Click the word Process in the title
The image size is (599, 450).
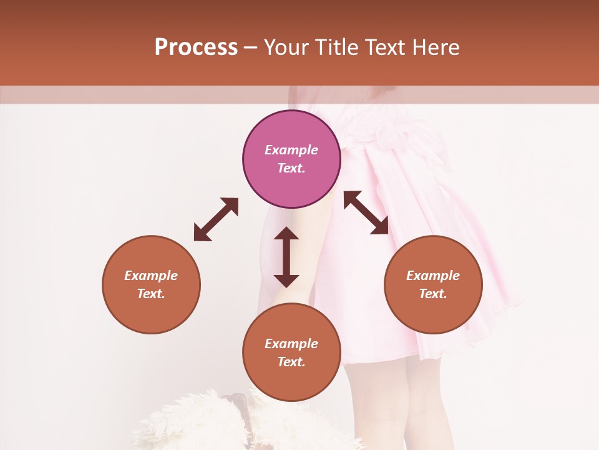click(x=196, y=47)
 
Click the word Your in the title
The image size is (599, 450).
click(x=286, y=47)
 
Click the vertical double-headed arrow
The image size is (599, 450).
click(x=286, y=257)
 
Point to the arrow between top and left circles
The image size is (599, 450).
click(x=216, y=219)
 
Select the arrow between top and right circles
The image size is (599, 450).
click(x=366, y=212)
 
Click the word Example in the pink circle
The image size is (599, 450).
click(x=291, y=150)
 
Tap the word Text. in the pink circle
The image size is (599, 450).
click(x=291, y=168)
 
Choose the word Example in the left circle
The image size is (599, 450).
click(x=151, y=276)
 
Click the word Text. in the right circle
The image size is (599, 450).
click(x=433, y=294)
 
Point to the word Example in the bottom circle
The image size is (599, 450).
click(x=291, y=344)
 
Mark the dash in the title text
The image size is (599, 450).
click(x=251, y=48)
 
